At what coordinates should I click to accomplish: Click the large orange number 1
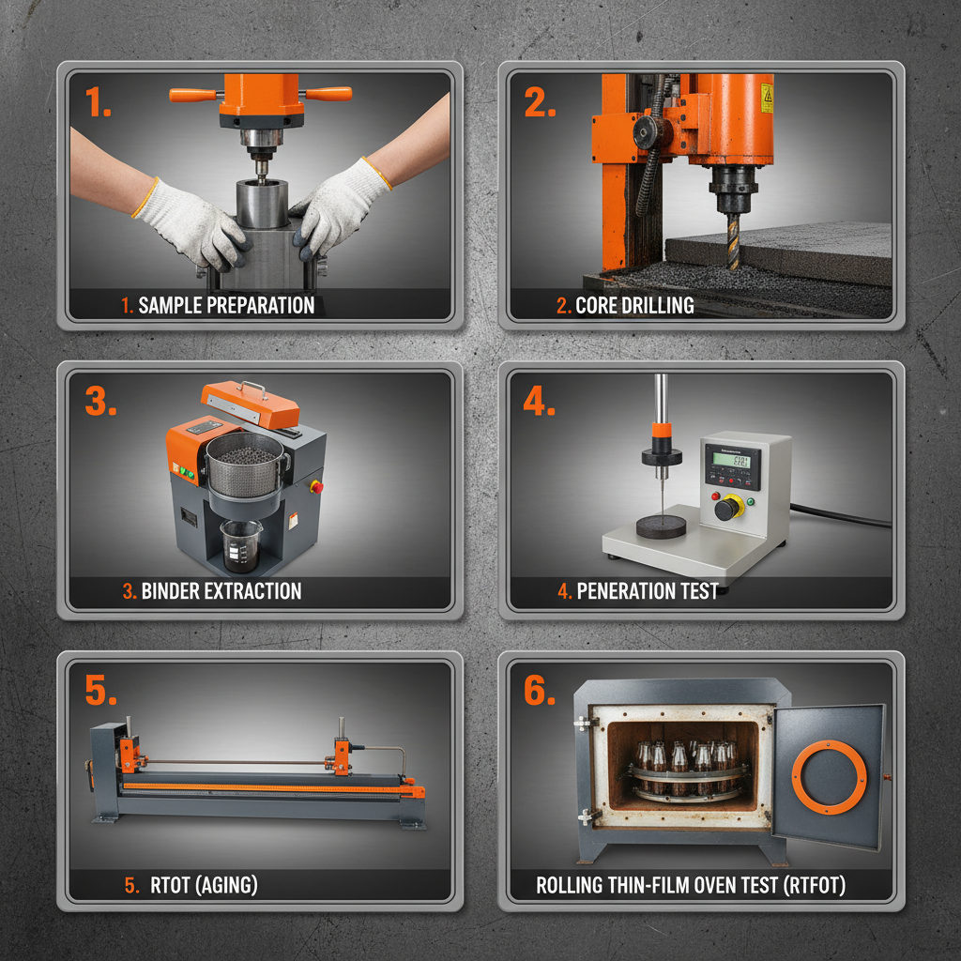point(98,101)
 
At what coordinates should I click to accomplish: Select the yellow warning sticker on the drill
point(766,98)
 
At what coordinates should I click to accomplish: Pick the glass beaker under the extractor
point(241,545)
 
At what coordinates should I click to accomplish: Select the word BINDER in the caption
point(169,591)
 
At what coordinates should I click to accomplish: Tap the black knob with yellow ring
point(725,508)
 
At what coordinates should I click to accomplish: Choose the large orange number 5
point(100,689)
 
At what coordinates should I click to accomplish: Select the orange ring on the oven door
point(829,776)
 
